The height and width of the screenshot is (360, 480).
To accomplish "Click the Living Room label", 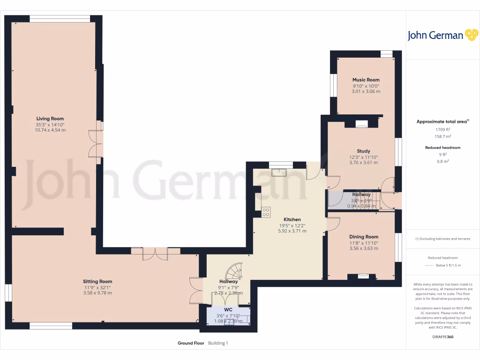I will click(50, 119).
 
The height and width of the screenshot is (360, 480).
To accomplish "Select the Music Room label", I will click(366, 80).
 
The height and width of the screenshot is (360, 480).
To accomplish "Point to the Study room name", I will click(363, 151).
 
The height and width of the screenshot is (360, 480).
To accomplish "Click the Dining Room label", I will click(363, 237).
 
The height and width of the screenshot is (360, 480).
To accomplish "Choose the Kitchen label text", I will click(292, 219).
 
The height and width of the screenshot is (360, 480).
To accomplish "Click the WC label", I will click(228, 310).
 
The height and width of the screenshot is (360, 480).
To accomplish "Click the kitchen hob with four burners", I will click(266, 212).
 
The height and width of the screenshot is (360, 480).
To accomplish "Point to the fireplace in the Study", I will click(361, 124).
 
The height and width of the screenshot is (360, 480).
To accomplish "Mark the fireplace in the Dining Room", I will click(363, 276).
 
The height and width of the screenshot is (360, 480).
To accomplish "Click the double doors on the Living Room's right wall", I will click(96, 144).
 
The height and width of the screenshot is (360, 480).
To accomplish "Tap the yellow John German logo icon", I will click(471, 35).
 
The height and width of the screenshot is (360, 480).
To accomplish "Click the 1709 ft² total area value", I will click(442, 129).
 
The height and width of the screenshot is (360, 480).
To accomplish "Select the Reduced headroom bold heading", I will click(442, 148).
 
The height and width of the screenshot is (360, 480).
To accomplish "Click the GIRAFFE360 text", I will click(442, 337).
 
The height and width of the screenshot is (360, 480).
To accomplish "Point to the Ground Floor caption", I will click(191, 343).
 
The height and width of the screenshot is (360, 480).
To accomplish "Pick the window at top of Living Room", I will click(60, 19).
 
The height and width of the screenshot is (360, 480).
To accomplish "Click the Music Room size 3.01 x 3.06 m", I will click(366, 91).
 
